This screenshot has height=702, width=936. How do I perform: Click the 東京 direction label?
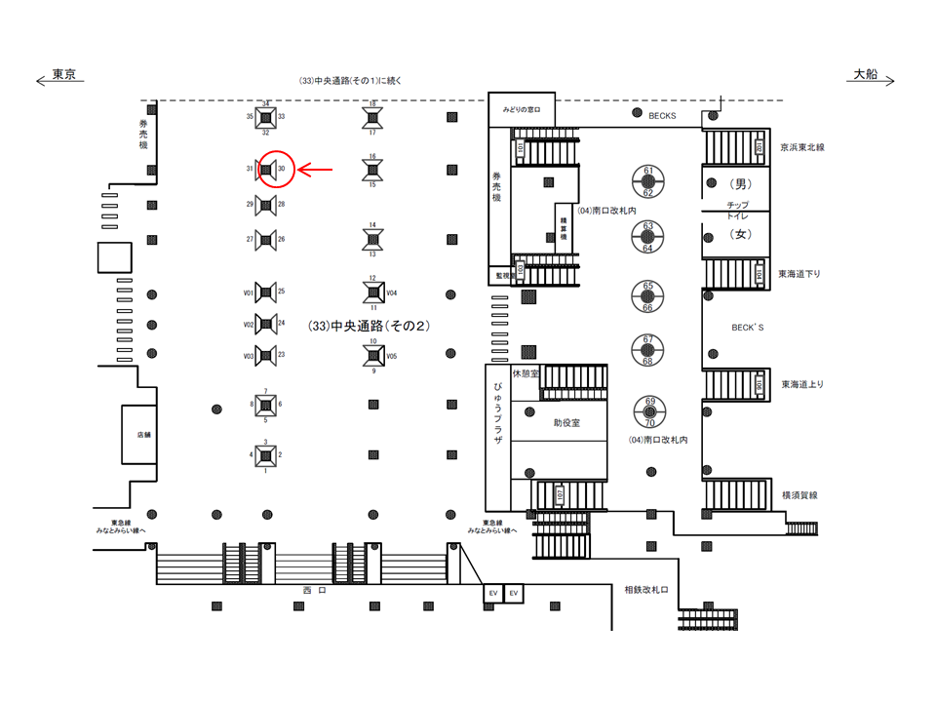[64, 75]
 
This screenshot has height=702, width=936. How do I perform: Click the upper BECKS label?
[662, 115]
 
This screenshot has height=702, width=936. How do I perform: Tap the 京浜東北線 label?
[803, 148]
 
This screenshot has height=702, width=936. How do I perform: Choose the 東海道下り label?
[800, 274]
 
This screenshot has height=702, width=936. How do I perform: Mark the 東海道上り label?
[802, 384]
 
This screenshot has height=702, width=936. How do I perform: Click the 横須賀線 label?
[799, 495]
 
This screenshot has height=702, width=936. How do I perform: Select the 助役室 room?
[566, 423]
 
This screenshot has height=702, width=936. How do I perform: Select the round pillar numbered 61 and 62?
[648, 181]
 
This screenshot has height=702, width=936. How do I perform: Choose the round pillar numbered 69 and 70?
[648, 412]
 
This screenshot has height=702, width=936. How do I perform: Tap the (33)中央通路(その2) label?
[368, 326]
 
